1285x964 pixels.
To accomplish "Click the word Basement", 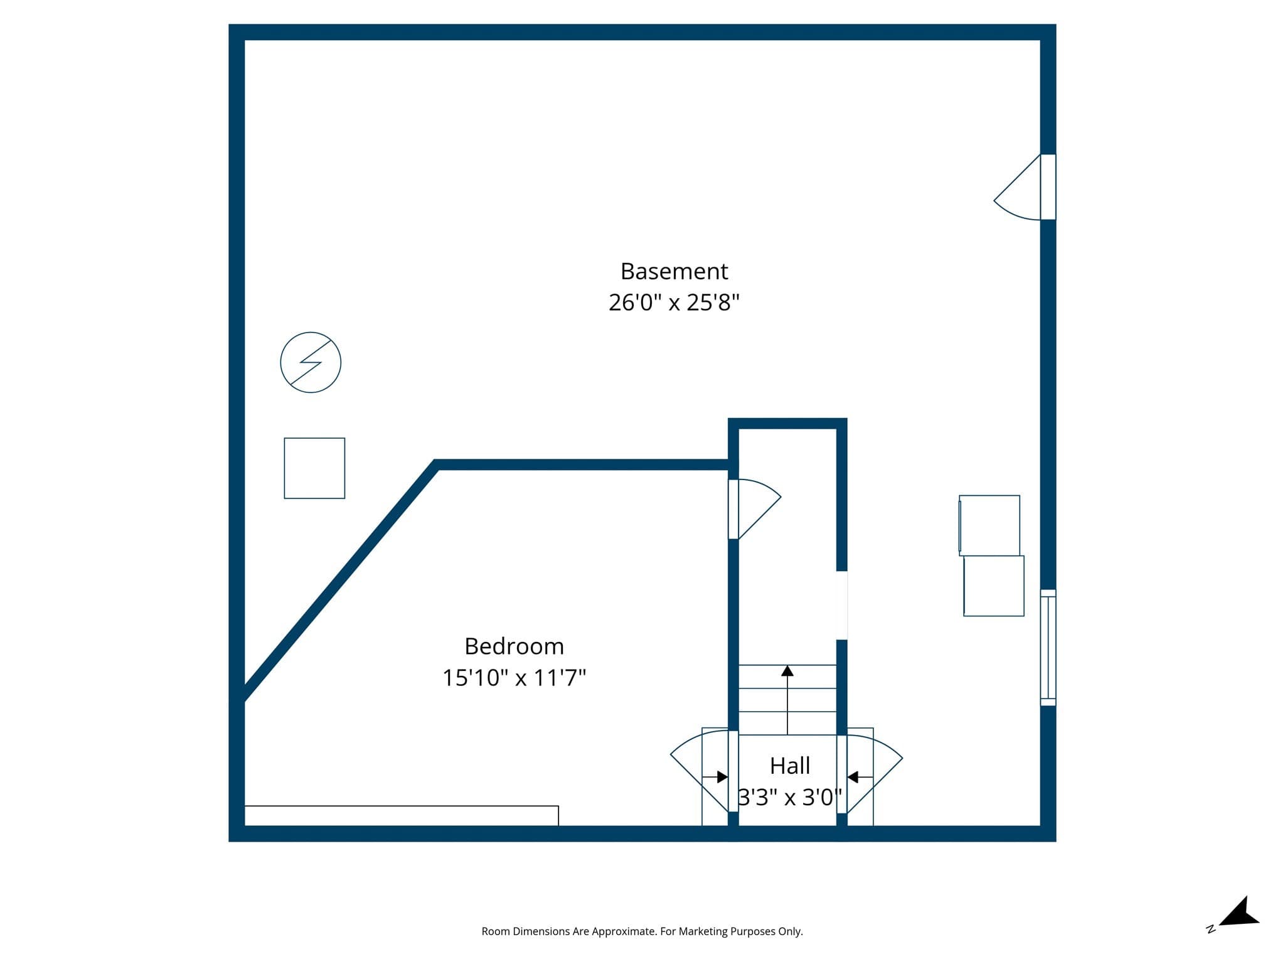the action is coord(674,272).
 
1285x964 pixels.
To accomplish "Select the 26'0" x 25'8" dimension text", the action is coord(674,303).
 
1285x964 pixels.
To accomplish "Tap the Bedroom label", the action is coord(514,646).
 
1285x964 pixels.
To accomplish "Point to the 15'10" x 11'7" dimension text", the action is coord(514,678).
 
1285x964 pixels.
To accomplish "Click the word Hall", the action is coord(790,766).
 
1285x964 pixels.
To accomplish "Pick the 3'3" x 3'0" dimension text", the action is coord(790,797).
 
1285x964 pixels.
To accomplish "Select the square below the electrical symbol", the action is coord(314,468).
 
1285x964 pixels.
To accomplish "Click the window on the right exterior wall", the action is coord(1048,647).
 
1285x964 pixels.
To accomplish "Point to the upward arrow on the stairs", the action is coord(787,699).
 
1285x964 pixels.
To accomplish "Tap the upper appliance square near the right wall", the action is coord(989,525).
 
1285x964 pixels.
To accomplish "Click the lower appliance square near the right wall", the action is coord(994,586).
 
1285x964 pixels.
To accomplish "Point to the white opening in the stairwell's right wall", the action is coord(842,605).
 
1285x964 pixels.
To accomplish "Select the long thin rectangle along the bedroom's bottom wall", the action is coord(402,816).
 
